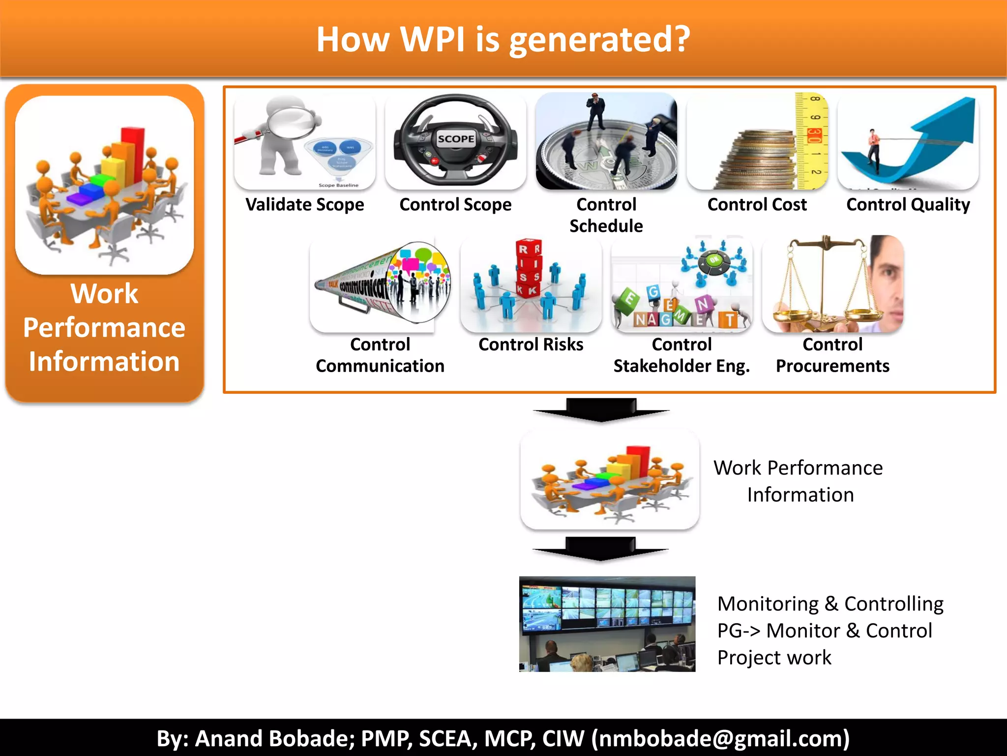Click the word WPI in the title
tap(432, 39)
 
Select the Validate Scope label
tap(305, 205)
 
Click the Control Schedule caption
tap(606, 215)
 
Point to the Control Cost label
tap(757, 205)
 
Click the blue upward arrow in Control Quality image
tap(934, 133)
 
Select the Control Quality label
tap(908, 205)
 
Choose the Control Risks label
tap(531, 345)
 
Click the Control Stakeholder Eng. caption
tap(681, 355)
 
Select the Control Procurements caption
tap(832, 355)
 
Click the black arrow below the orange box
tap(601, 410)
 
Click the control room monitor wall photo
tap(607, 624)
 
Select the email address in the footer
tap(720, 738)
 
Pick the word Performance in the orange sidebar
tap(104, 328)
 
